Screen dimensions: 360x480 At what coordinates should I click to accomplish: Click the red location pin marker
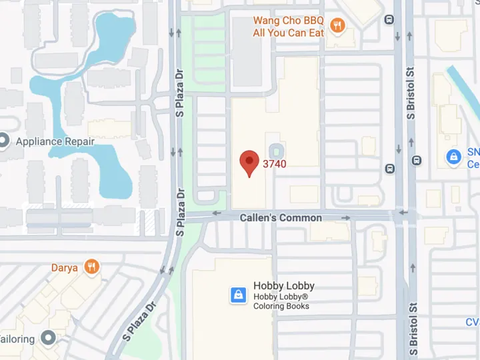pyautogui.click(x=249, y=162)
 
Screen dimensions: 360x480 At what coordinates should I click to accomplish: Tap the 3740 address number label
pyautogui.click(x=275, y=163)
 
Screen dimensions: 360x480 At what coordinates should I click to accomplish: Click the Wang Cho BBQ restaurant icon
pyautogui.click(x=338, y=26)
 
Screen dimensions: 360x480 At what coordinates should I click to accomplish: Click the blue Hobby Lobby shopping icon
pyautogui.click(x=238, y=295)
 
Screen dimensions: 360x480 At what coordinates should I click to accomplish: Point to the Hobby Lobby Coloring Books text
pyautogui.click(x=281, y=301)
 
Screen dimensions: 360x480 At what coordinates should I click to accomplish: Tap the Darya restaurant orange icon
pyautogui.click(x=92, y=267)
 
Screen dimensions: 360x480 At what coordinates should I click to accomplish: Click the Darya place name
pyautogui.click(x=65, y=268)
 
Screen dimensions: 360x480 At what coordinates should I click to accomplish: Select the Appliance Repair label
pyautogui.click(x=55, y=141)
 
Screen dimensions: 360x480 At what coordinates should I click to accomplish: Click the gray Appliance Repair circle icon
pyautogui.click(x=3, y=141)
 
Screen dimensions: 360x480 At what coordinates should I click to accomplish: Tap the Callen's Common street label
pyautogui.click(x=281, y=217)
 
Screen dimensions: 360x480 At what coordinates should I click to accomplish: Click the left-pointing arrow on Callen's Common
pyautogui.click(x=217, y=214)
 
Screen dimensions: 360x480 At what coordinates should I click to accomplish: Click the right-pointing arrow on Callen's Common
pyautogui.click(x=346, y=217)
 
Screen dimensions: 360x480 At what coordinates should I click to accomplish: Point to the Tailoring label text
pyautogui.click(x=17, y=339)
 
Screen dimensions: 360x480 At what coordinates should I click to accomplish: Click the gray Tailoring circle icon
pyautogui.click(x=47, y=338)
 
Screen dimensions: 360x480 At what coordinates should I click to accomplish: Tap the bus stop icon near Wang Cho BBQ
pyautogui.click(x=389, y=19)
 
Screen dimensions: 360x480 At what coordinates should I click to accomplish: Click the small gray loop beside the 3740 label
pyautogui.click(x=275, y=149)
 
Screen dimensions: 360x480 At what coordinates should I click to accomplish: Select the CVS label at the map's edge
pyautogui.click(x=473, y=323)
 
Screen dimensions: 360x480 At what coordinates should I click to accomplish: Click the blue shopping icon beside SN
pyautogui.click(x=453, y=157)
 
